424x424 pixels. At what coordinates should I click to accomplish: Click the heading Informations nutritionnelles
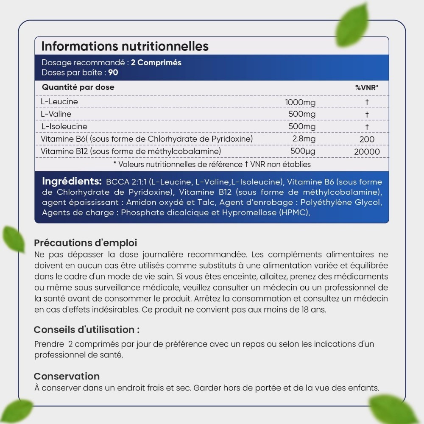[125, 46]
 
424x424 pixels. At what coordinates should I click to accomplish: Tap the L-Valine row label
[56, 114]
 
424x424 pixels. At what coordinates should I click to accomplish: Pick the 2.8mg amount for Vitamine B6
[304, 139]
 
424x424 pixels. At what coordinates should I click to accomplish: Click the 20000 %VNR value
[367, 151]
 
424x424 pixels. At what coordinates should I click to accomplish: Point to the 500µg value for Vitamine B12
[303, 151]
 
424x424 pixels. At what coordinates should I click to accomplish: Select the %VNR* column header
[367, 88]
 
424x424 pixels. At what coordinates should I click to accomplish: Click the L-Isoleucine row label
[64, 126]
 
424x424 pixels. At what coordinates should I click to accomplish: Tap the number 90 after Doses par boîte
[113, 73]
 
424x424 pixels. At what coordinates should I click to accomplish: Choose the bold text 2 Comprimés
[156, 63]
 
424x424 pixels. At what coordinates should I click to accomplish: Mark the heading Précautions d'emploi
[85, 243]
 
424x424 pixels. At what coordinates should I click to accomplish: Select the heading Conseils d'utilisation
[86, 330]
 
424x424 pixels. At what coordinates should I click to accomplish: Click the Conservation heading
[67, 377]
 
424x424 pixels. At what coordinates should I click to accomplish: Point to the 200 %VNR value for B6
[367, 139]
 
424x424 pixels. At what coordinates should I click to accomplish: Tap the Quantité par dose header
[78, 87]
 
